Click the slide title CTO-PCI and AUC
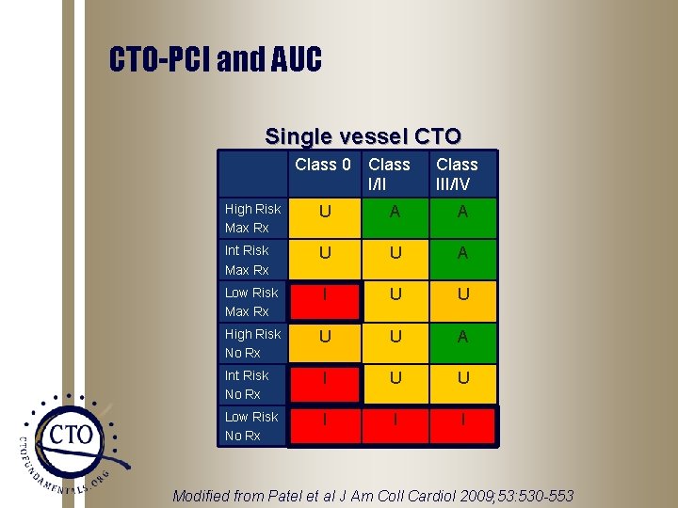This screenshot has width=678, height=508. (216, 61)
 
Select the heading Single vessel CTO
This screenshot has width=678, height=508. (363, 136)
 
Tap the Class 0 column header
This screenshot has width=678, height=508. (323, 166)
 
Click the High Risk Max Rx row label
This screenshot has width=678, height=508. (252, 218)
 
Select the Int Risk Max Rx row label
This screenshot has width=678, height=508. (247, 260)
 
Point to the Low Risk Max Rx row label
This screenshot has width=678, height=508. (251, 301)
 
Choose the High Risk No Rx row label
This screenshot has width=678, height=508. (252, 342)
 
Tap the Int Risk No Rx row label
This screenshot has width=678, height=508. (247, 384)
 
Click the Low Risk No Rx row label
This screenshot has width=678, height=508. (251, 425)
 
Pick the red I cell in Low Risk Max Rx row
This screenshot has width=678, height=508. (325, 295)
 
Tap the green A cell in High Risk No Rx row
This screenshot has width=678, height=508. (462, 337)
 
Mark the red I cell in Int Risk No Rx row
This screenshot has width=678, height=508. (325, 378)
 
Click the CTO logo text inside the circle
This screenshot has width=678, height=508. (72, 435)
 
